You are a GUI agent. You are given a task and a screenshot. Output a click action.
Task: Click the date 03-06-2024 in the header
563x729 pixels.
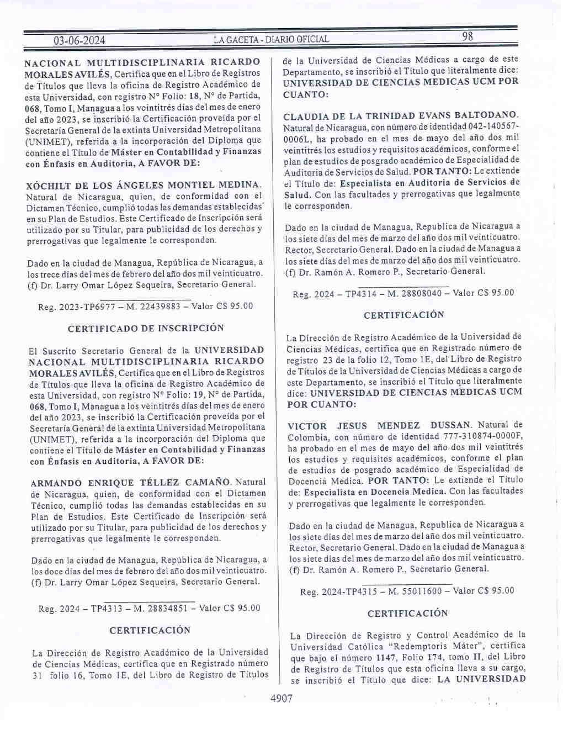(79, 40)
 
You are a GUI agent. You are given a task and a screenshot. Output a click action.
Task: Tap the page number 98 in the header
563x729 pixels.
(468, 37)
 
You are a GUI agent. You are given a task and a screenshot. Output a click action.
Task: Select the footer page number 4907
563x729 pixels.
(281, 699)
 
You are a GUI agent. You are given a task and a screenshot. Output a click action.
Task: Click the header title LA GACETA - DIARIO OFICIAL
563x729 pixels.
(271, 40)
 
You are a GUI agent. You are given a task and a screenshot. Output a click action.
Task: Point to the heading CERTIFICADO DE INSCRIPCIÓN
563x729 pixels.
(146, 328)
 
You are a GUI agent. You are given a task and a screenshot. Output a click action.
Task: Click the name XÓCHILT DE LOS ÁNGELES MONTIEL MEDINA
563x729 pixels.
(143, 185)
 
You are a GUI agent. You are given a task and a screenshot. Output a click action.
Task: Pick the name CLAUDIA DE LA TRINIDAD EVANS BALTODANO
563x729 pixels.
(401, 116)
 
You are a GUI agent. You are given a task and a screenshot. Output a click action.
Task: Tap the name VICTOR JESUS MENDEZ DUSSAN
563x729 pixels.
(379, 425)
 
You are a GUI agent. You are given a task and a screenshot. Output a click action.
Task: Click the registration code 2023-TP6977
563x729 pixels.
(86, 306)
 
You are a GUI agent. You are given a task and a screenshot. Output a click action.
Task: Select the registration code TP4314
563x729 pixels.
(361, 293)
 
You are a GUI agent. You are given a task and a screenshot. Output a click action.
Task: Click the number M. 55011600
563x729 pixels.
(415, 591)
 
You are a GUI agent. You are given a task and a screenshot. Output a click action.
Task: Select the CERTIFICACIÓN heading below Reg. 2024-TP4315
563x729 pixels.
(407, 614)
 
